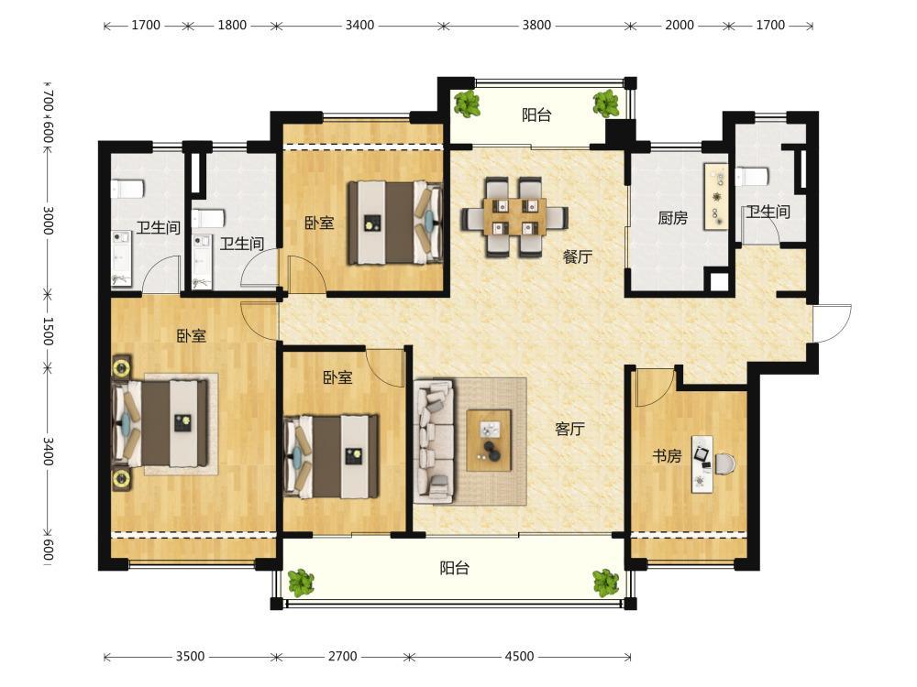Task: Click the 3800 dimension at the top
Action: click(536, 25)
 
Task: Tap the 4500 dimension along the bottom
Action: click(519, 656)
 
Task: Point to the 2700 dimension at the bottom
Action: click(342, 656)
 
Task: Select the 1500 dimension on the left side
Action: click(48, 332)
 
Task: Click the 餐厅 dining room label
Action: click(578, 256)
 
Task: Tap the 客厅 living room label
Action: click(569, 430)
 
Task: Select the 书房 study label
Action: click(668, 455)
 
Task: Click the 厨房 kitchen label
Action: click(672, 218)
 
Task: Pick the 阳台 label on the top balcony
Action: click(536, 115)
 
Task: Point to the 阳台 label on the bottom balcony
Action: click(455, 568)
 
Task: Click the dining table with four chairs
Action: click(514, 217)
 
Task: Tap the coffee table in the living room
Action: click(489, 440)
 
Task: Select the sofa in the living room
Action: click(434, 442)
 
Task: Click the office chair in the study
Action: click(725, 463)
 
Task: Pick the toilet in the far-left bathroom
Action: click(127, 188)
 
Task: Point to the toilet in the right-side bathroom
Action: click(752, 176)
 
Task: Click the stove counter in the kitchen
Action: click(716, 196)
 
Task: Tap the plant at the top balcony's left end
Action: click(468, 104)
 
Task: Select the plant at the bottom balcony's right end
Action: click(606, 583)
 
